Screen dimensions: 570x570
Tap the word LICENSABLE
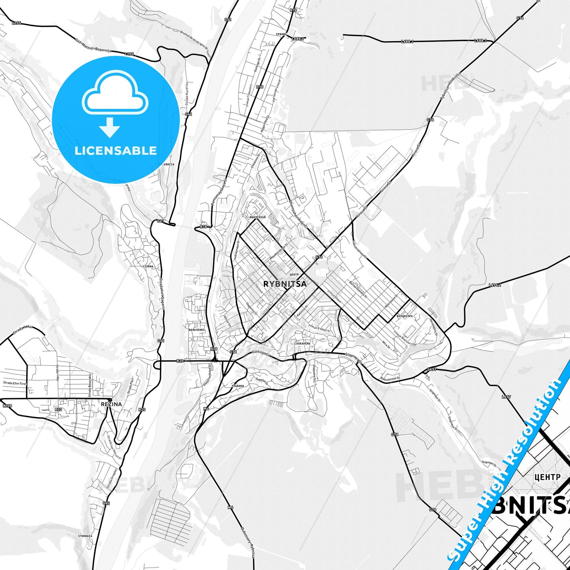coord(116,151)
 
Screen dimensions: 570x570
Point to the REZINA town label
coord(111,404)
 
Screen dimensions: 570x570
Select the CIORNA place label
coord(148,266)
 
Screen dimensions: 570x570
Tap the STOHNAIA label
coord(85,536)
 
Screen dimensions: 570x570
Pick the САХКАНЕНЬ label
coord(303,343)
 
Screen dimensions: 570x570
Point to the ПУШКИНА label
coord(238,386)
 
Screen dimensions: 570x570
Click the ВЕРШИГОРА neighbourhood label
coord(405,316)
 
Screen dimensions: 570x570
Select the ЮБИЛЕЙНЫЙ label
coord(258,217)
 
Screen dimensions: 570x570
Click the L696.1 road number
coord(495,285)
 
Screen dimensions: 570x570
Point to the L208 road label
coord(7,406)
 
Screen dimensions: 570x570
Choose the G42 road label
coord(106,503)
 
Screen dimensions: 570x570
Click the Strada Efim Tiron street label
coord(15,383)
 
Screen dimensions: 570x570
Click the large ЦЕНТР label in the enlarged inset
coord(547,477)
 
